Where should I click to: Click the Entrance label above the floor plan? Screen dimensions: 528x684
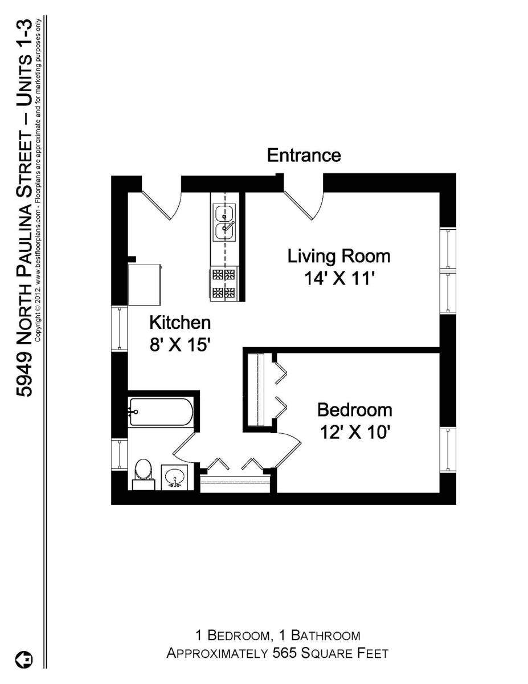(x=304, y=156)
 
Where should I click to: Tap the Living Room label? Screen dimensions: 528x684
(x=339, y=256)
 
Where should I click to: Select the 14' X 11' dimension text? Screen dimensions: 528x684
(x=339, y=279)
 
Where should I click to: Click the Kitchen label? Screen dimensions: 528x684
(x=180, y=323)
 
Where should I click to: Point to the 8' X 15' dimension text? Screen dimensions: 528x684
(x=180, y=345)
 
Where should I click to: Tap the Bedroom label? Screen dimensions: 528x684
(x=355, y=410)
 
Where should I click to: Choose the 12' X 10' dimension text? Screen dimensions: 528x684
(x=355, y=432)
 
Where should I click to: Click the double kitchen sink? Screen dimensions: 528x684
(x=224, y=223)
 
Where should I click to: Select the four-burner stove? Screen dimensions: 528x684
(x=224, y=284)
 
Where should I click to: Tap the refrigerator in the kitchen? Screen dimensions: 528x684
(x=145, y=284)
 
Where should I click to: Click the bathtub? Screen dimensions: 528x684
(x=161, y=412)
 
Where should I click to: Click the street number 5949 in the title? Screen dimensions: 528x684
(x=24, y=376)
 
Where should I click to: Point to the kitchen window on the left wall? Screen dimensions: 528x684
(x=120, y=329)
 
